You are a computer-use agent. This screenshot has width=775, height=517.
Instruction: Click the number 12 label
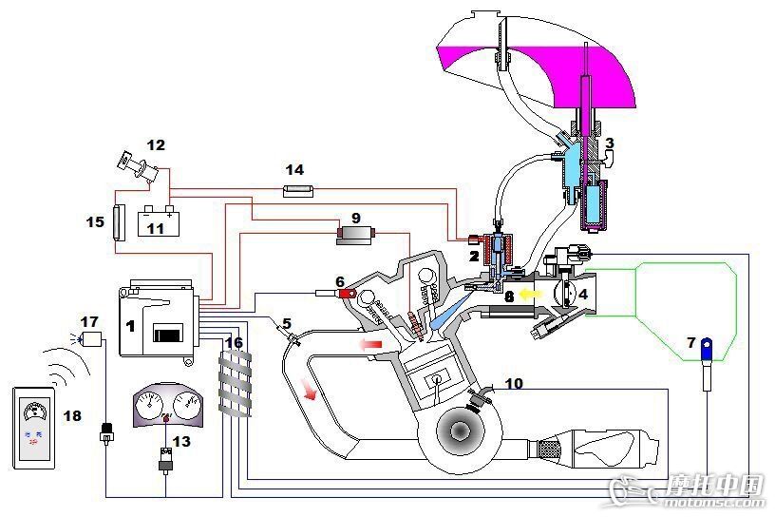coord(156,145)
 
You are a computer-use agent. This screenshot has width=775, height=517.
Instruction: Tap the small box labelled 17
coord(92,337)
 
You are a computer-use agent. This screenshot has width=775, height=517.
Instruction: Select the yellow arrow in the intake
coord(529,295)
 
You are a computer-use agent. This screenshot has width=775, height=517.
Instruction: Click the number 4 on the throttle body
coord(583,295)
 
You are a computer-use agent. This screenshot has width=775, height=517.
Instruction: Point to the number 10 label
coord(514,383)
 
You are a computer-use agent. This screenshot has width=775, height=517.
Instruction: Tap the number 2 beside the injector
coord(473,255)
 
